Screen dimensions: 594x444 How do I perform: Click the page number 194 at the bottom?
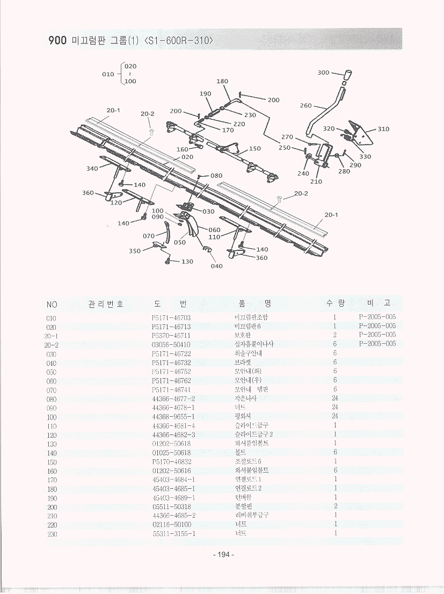tap(224, 554)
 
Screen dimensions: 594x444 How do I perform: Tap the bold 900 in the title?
tap(56, 41)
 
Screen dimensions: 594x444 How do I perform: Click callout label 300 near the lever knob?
tap(323, 73)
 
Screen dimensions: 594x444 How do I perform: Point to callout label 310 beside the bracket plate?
tap(383, 129)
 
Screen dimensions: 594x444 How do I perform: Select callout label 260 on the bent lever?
tap(305, 106)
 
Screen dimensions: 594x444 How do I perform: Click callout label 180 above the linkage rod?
tap(222, 82)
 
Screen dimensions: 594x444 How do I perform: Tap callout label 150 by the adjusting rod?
tap(254, 149)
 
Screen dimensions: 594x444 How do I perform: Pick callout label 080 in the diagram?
tap(216, 176)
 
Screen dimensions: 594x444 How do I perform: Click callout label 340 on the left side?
tap(92, 169)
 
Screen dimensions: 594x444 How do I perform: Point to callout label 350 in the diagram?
tap(135, 251)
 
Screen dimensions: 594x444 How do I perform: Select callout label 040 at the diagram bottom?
tap(216, 266)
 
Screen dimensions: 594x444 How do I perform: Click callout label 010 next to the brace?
tap(108, 74)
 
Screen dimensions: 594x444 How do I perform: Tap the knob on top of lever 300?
tap(347, 74)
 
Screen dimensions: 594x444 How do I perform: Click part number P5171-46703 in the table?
tap(171, 317)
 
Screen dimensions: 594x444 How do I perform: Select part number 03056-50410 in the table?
tap(171, 344)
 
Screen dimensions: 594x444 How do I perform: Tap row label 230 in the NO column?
tap(52, 534)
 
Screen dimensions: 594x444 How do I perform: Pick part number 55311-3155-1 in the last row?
tap(173, 534)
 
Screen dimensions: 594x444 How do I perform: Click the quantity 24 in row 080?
tap(334, 399)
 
